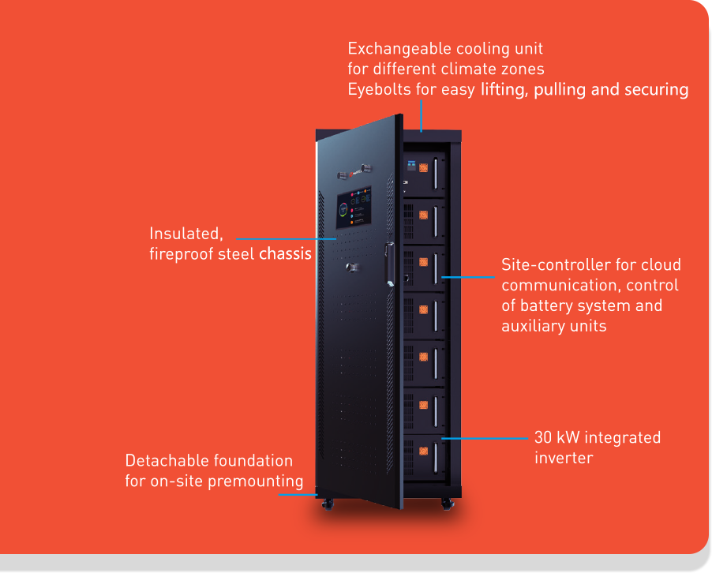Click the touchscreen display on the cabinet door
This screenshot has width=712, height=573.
pyautogui.click(x=354, y=207)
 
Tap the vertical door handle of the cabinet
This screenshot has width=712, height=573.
pyautogui.click(x=390, y=264)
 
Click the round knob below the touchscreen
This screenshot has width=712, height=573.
pyautogui.click(x=352, y=268)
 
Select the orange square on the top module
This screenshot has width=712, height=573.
pyautogui.click(x=423, y=167)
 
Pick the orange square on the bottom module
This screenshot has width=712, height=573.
pyautogui.click(x=423, y=451)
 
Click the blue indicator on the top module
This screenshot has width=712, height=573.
pyautogui.click(x=411, y=165)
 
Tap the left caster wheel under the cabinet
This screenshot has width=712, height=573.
pyautogui.click(x=328, y=504)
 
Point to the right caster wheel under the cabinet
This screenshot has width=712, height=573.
pyautogui.click(x=448, y=504)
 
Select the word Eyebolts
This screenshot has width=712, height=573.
pyautogui.click(x=379, y=89)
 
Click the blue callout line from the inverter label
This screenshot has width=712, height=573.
pyautogui.click(x=485, y=439)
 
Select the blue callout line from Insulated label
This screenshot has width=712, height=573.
pyautogui.click(x=286, y=238)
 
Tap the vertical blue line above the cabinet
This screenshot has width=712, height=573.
pyautogui.click(x=422, y=116)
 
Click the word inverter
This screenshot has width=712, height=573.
pyautogui.click(x=564, y=458)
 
